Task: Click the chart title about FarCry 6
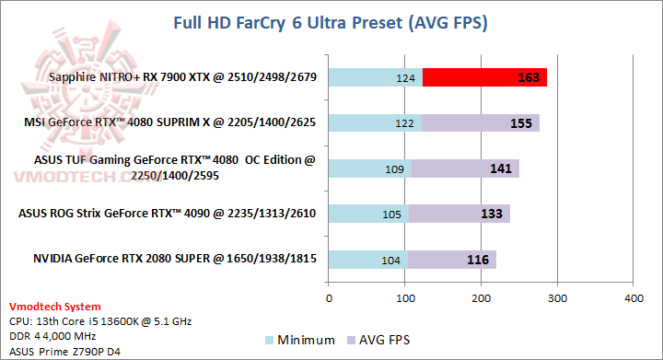pyautogui.click(x=331, y=21)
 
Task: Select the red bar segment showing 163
pyautogui.click(x=485, y=77)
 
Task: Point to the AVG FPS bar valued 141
pyautogui.click(x=466, y=168)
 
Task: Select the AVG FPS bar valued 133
pyautogui.click(x=459, y=214)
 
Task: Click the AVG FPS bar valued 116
pyautogui.click(x=452, y=260)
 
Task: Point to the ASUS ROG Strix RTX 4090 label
pyautogui.click(x=168, y=214)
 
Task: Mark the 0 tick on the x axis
pyautogui.click(x=329, y=298)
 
